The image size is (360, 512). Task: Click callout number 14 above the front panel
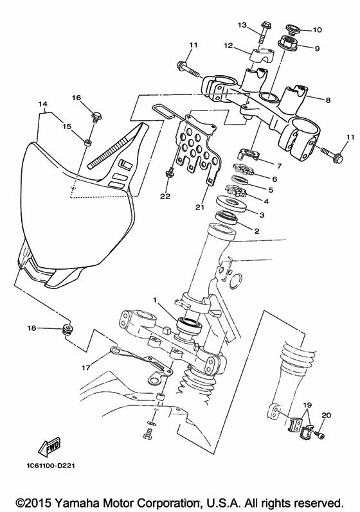tap(43, 104)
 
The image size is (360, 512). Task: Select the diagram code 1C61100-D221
tap(51, 465)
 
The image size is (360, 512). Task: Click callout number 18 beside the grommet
tap(32, 328)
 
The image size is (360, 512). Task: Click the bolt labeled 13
tap(264, 33)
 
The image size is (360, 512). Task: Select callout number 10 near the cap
tap(317, 30)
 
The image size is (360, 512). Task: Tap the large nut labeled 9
tap(289, 44)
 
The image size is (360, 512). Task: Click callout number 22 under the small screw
tap(166, 196)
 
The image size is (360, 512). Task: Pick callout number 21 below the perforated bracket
tap(199, 207)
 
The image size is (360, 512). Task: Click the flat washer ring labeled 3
tap(230, 204)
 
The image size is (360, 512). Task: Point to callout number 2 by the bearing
tap(256, 231)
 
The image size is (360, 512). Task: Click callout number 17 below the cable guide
tap(86, 367)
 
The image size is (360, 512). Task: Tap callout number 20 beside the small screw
tap(327, 416)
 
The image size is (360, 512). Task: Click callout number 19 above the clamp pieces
tap(307, 405)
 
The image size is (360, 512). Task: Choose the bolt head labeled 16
tap(96, 115)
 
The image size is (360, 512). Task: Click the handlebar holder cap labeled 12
tap(260, 55)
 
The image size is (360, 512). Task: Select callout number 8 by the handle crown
tap(328, 100)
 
